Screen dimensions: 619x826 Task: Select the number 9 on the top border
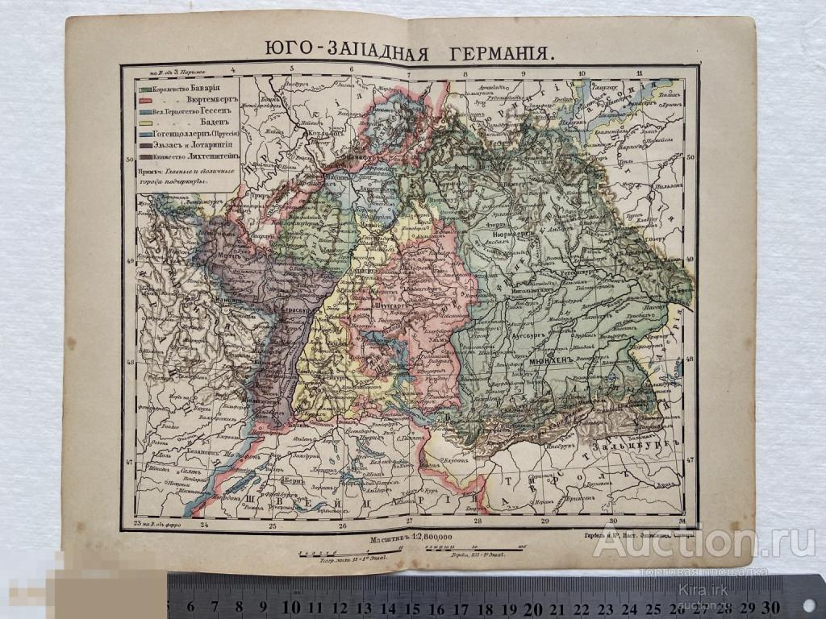click(x=524, y=73)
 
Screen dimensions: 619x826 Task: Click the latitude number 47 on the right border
click(x=690, y=460)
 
